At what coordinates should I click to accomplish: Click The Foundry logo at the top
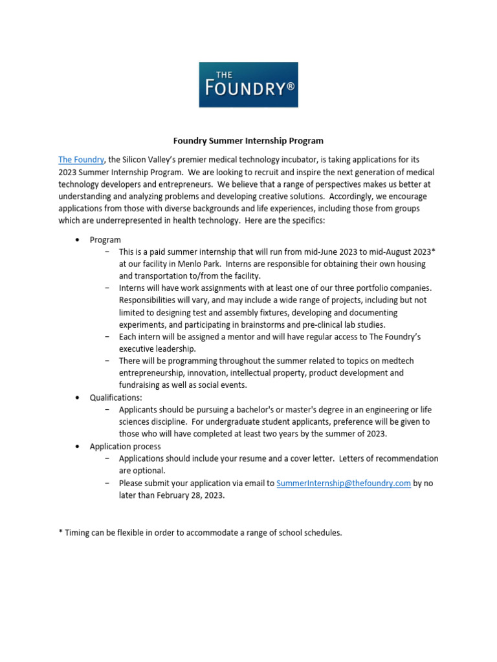[x=248, y=85]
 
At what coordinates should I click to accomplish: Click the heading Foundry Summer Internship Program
[x=248, y=140]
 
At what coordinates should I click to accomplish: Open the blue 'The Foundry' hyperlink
[x=81, y=160]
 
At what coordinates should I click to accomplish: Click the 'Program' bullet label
[x=105, y=240]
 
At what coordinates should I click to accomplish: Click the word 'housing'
[x=410, y=264]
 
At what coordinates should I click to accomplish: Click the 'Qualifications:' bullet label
[x=115, y=398]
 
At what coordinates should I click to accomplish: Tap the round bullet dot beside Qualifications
[x=78, y=398]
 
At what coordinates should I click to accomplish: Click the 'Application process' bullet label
[x=125, y=446]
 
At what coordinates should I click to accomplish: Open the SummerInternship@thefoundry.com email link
[x=343, y=483]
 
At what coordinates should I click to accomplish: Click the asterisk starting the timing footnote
[x=61, y=532]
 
